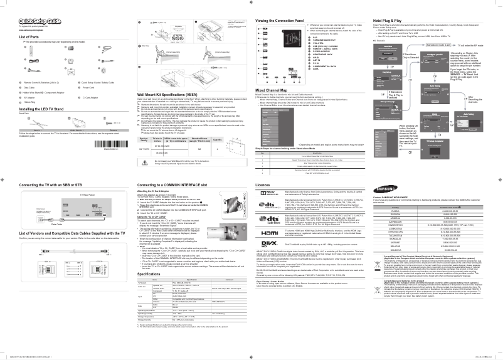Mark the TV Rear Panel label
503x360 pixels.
(63, 196)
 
